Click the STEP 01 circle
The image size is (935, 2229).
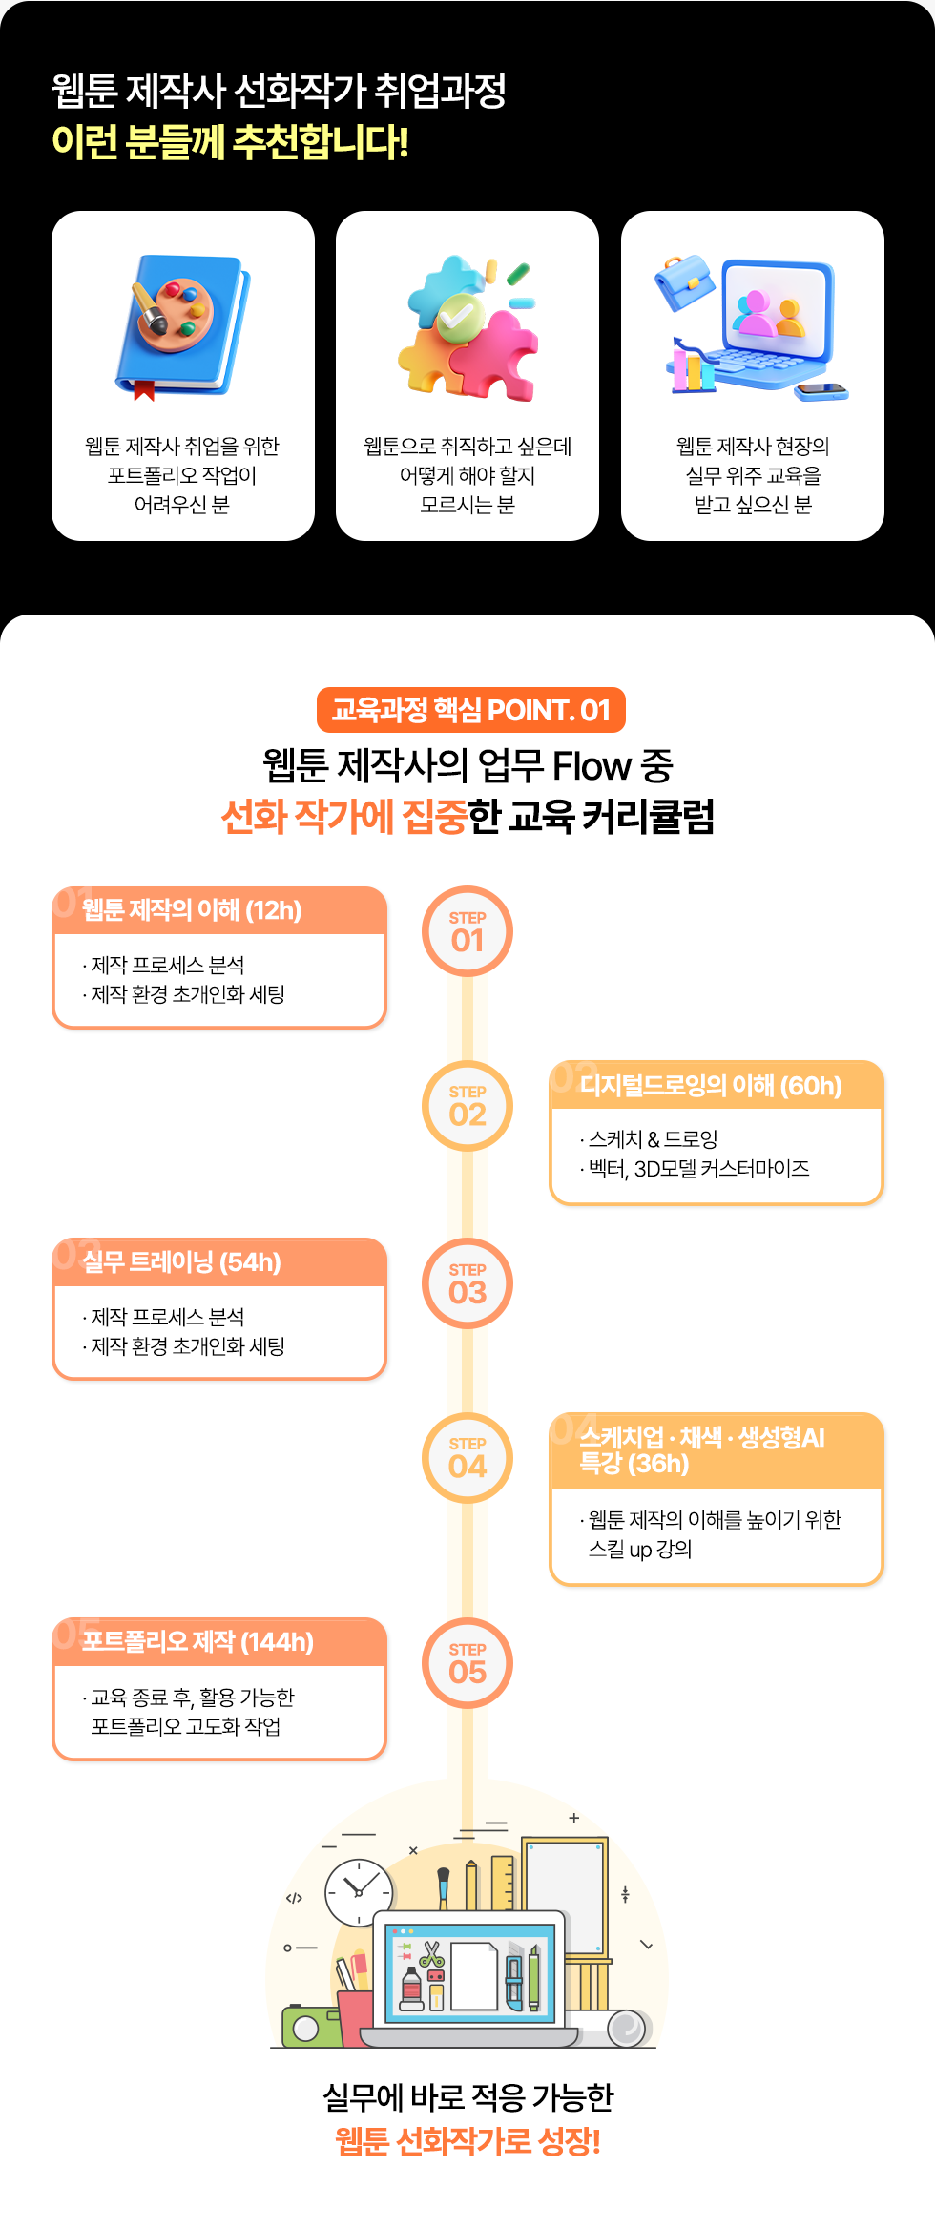467,932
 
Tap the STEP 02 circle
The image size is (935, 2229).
467,1106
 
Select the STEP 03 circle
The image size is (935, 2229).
467,1284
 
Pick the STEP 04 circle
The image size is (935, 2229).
467,1458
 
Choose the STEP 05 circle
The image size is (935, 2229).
467,1664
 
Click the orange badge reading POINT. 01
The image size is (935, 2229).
471,710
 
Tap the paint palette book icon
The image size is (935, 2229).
182,325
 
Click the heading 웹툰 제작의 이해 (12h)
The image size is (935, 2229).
192,910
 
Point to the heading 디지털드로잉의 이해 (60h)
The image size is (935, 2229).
711,1085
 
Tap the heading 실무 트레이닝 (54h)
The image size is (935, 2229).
181,1262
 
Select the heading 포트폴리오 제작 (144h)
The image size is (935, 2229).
197,1641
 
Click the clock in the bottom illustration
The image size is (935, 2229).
359,1892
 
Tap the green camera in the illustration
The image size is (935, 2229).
308,2026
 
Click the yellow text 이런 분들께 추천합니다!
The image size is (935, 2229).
230,142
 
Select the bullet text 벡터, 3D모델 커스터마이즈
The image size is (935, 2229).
698,1169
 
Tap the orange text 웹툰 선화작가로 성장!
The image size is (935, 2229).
467,2142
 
